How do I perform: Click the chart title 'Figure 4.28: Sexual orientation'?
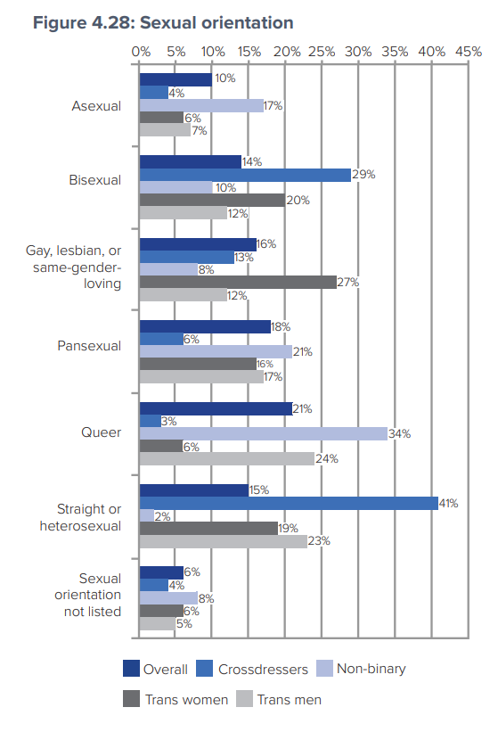163,22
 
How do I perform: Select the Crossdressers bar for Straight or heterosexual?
289,503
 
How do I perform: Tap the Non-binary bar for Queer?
263,433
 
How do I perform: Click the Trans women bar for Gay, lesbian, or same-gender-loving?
238,283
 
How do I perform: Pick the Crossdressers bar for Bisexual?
245,175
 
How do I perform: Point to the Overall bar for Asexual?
176,79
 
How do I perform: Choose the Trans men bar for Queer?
227,459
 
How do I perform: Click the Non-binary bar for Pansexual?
216,352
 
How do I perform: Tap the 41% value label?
448,504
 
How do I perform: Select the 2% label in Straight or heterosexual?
161,516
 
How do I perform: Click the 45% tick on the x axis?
468,52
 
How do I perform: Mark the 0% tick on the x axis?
140,52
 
